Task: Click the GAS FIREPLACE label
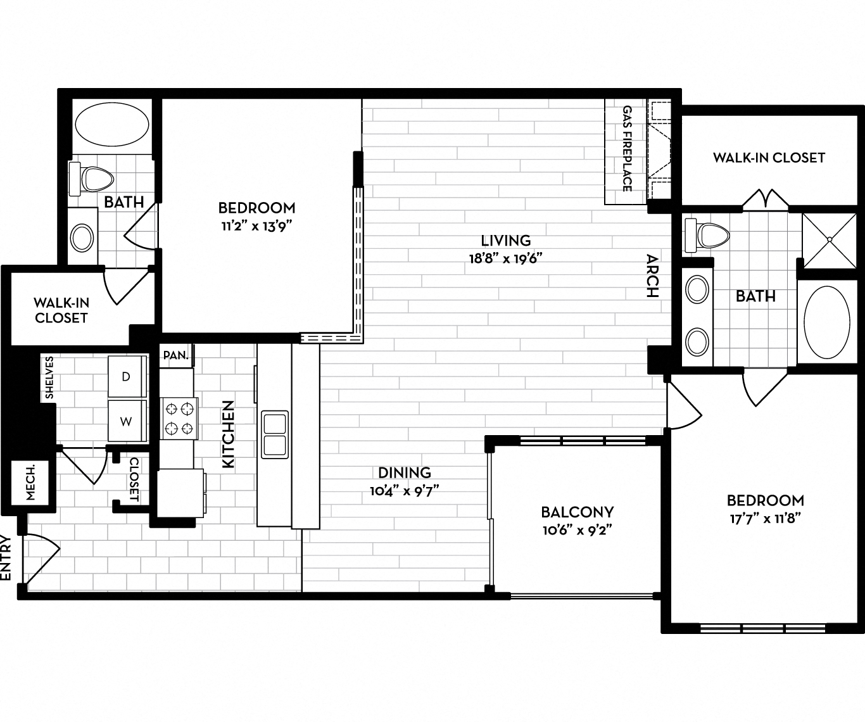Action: [x=627, y=149]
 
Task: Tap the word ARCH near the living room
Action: [x=652, y=275]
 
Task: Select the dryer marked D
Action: [x=126, y=377]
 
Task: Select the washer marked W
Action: [x=126, y=421]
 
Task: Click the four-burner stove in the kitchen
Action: [x=179, y=419]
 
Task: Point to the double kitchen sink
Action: [x=275, y=434]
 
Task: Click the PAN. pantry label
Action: [x=175, y=355]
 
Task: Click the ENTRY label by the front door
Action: [x=7, y=557]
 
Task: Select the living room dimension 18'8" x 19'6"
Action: [x=505, y=258]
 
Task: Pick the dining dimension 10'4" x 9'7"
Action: [x=405, y=490]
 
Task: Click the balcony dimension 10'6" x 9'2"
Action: [x=577, y=529]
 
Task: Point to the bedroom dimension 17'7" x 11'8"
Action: [x=765, y=517]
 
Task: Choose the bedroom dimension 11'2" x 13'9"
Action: [x=256, y=225]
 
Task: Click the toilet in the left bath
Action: [x=92, y=179]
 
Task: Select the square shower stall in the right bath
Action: [x=830, y=239]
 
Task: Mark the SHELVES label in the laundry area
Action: [x=49, y=378]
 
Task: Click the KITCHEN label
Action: [x=228, y=434]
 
